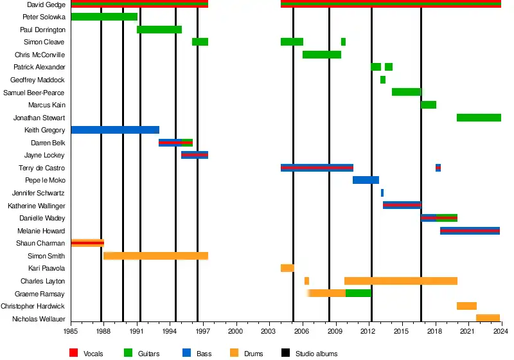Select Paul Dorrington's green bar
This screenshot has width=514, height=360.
pyautogui.click(x=159, y=30)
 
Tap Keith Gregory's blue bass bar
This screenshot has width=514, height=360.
pyautogui.click(x=115, y=130)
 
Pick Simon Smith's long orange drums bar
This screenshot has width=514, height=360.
pyautogui.click(x=156, y=256)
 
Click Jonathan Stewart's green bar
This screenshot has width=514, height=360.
pyautogui.click(x=479, y=118)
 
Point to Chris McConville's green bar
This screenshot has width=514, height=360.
pyautogui.click(x=321, y=55)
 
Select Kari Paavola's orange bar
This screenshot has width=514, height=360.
pyautogui.click(x=287, y=268)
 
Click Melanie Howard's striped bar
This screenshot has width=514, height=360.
pyautogui.click(x=470, y=231)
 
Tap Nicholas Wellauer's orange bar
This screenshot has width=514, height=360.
pyautogui.click(x=488, y=318)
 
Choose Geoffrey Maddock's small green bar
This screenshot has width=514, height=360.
pyautogui.click(x=383, y=80)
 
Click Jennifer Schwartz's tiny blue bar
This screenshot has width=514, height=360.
pyautogui.click(x=382, y=193)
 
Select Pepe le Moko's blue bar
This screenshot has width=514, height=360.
pyautogui.click(x=366, y=180)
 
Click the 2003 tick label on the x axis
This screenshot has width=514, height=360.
pyautogui.click(x=269, y=330)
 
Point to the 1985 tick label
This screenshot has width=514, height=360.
pyautogui.click(x=71, y=330)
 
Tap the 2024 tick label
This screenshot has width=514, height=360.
pyautogui.click(x=501, y=330)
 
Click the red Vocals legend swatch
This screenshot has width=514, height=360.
pyautogui.click(x=74, y=353)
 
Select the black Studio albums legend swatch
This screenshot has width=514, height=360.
pyautogui.click(x=286, y=353)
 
